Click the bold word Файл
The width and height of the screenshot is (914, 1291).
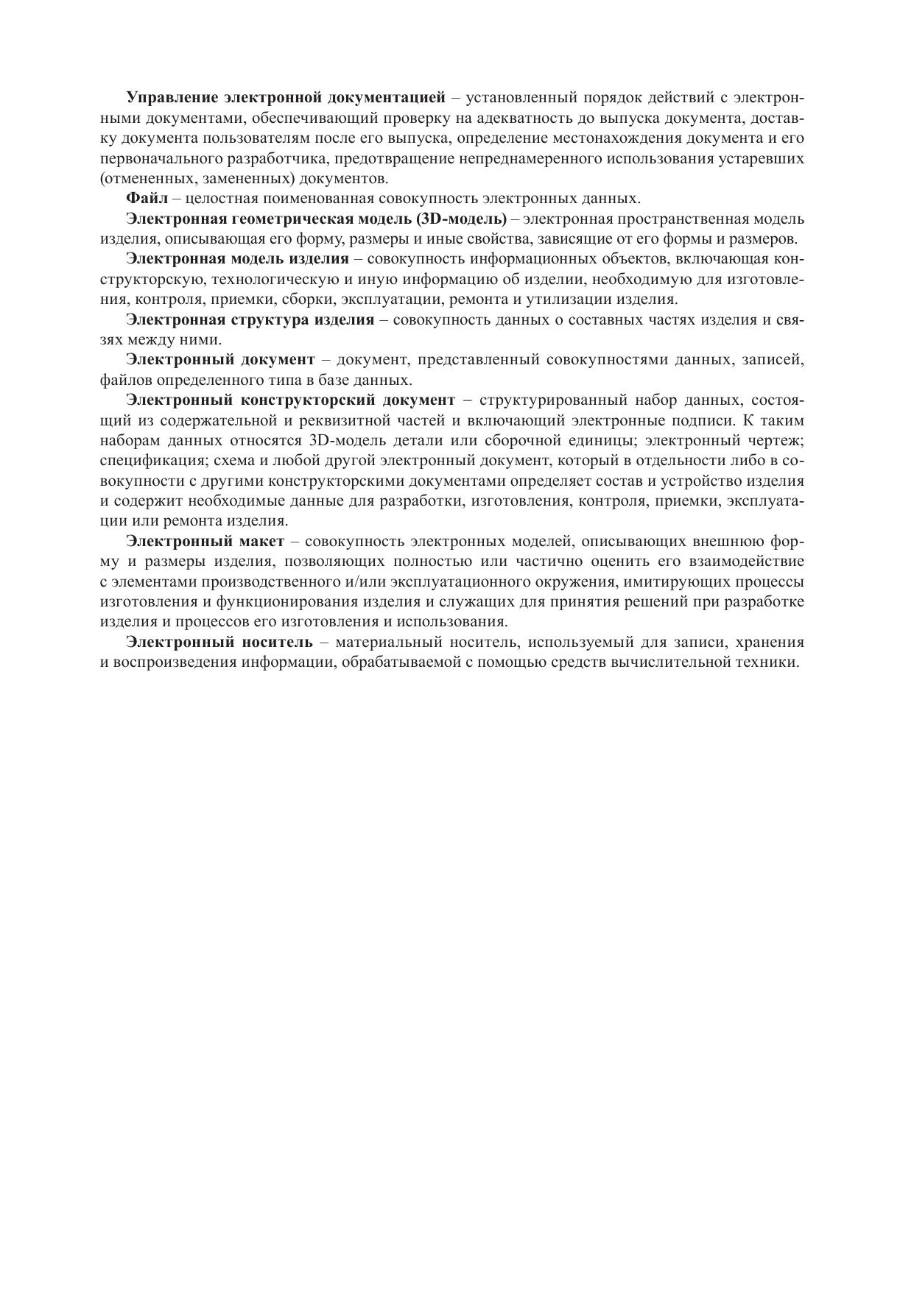pyautogui.click(x=147, y=199)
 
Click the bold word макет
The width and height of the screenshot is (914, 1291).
pyautogui.click(x=261, y=542)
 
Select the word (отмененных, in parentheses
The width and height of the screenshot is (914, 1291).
pyautogui.click(x=143, y=179)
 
